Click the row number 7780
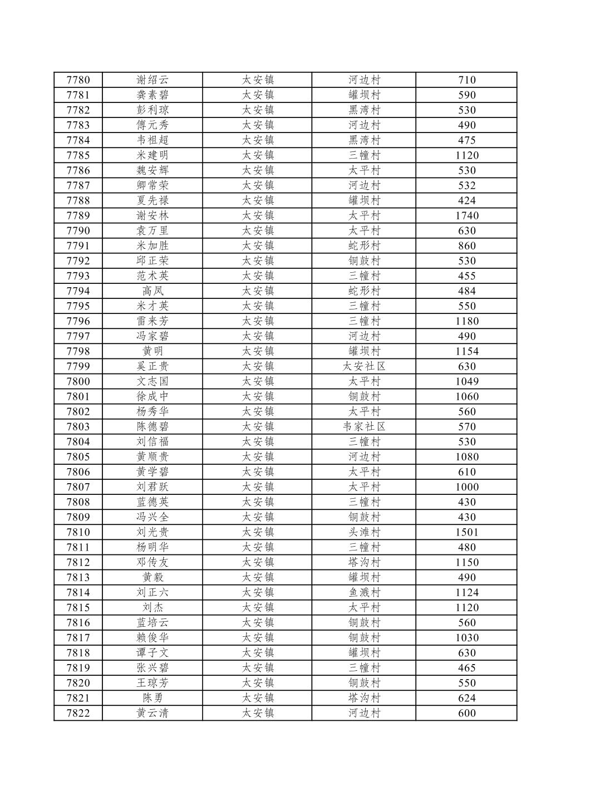coord(78,80)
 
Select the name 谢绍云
coord(152,80)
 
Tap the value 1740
coord(466,216)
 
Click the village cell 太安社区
coord(364,366)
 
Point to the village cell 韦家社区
coord(364,427)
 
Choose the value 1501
coord(466,532)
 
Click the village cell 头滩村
coord(364,532)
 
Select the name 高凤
coord(152,291)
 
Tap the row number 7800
coord(78,381)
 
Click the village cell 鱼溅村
coord(364,592)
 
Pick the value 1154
coord(466,351)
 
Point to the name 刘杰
coord(152,607)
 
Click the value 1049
coord(466,381)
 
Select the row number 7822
coord(78,713)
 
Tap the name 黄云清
coord(152,713)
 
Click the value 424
coord(466,201)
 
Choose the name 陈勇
coord(152,698)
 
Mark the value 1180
coord(466,321)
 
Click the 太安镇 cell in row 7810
coord(258,532)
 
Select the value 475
coord(466,140)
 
